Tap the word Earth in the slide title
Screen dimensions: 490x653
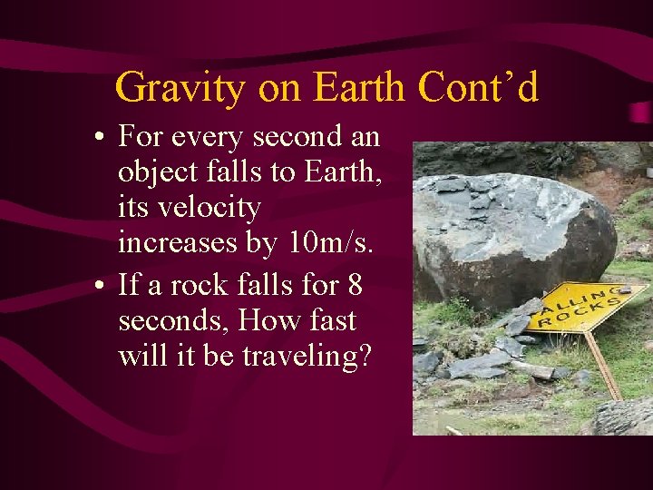362,88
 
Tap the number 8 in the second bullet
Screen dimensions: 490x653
355,285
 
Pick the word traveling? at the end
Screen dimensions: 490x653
307,357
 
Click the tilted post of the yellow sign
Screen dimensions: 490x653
602,363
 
